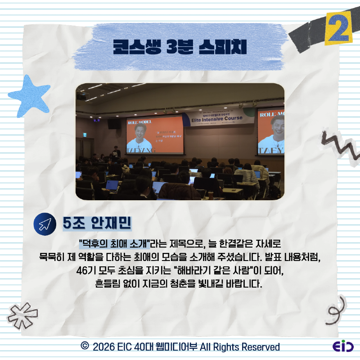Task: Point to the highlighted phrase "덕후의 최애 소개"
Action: [114, 245]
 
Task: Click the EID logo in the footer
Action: [343, 347]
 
